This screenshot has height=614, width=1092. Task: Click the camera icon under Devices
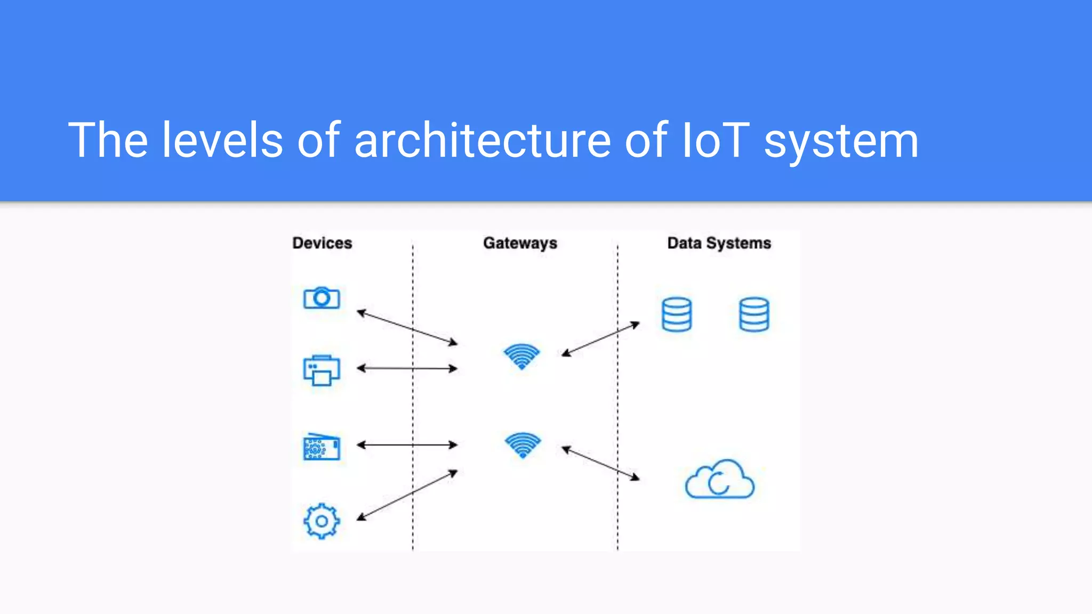click(322, 298)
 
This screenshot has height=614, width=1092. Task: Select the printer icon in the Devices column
click(322, 370)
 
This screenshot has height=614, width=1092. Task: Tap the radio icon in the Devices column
click(322, 447)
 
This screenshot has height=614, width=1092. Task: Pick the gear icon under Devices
click(322, 521)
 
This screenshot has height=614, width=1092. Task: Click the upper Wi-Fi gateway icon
click(521, 356)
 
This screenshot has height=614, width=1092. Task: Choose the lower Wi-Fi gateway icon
click(523, 445)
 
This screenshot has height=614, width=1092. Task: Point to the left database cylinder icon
click(677, 314)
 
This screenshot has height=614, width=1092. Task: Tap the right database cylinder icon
click(754, 314)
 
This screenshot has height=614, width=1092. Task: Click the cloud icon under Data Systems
click(719, 480)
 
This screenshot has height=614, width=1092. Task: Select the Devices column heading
click(322, 243)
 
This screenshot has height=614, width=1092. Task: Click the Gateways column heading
click(520, 243)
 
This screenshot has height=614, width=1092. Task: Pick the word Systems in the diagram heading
click(738, 243)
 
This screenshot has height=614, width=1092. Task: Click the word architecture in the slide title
click(482, 140)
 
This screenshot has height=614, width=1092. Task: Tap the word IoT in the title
click(716, 140)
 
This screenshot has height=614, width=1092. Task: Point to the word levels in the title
click(222, 140)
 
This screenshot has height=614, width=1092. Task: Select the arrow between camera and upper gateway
click(407, 327)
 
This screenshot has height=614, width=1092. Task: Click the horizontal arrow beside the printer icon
click(407, 368)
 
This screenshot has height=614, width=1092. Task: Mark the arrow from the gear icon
click(407, 495)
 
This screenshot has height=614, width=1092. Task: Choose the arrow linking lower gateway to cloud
click(600, 463)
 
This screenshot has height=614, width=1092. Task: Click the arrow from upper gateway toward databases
click(600, 338)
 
